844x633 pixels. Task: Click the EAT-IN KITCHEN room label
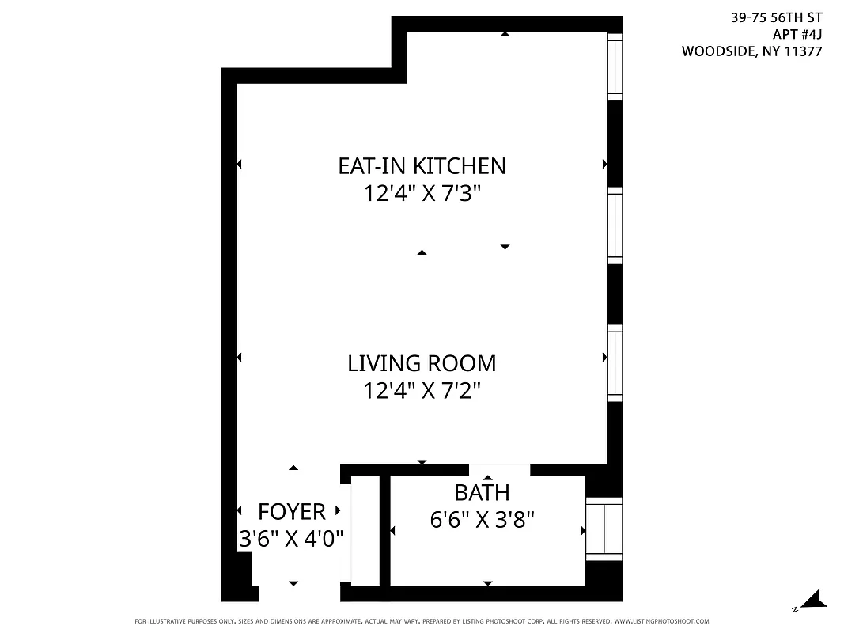pos(422,166)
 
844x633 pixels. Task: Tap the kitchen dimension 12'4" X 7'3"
pos(422,194)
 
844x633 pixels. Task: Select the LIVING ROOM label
pos(422,364)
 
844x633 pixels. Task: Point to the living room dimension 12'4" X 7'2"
pos(422,391)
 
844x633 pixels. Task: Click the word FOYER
pos(291,512)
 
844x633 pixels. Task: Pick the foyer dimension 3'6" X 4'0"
pos(291,539)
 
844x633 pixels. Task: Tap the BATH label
pos(482,493)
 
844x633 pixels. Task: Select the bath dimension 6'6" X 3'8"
pos(482,520)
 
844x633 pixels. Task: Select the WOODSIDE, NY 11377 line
pos(751,52)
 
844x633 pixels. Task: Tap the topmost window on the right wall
pos(615,66)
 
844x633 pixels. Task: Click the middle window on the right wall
pos(615,226)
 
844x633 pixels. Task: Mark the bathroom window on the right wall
pos(604,529)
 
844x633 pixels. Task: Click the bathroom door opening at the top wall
pos(499,470)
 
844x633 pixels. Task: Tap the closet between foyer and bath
pos(365,530)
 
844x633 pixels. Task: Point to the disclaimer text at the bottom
pos(422,622)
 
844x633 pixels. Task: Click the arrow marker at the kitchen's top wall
pos(505,34)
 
